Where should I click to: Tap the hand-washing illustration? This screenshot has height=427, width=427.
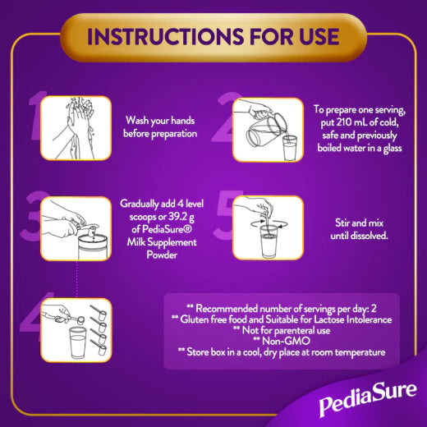[76, 128]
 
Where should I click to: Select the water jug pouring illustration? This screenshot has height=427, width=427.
[268, 130]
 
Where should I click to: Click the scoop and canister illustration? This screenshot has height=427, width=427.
[76, 228]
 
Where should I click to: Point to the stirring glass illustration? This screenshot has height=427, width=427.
[268, 227]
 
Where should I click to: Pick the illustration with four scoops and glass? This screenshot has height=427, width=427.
[76, 330]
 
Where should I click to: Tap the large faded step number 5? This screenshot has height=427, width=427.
[224, 214]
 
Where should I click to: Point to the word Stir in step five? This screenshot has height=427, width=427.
[342, 223]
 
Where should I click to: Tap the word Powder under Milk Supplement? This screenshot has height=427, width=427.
[162, 255]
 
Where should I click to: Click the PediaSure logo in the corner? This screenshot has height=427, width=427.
[368, 400]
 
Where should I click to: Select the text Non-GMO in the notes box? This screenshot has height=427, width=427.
[286, 341]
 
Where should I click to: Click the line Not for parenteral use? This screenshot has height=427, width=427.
[286, 330]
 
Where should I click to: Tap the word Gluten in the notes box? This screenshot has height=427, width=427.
[194, 319]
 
